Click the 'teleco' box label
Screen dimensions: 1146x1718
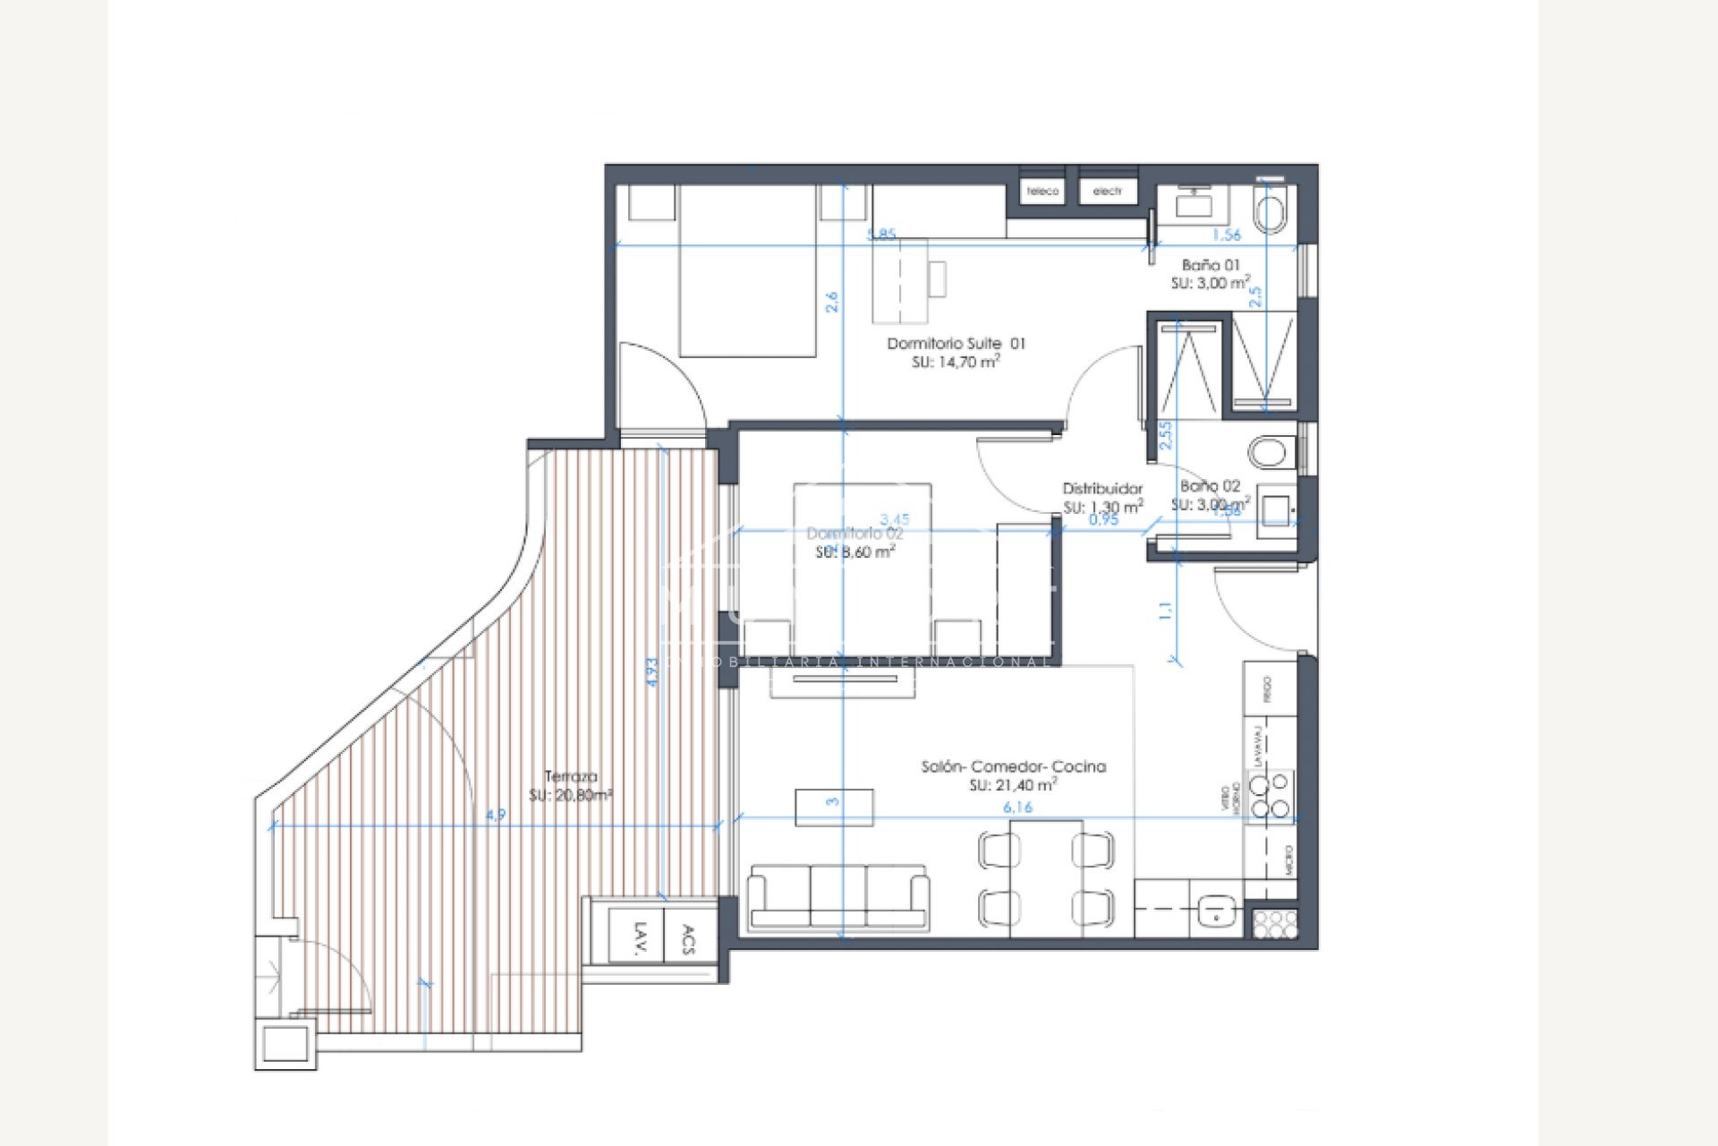coord(1042,192)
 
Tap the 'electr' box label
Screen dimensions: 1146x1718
coord(1108,192)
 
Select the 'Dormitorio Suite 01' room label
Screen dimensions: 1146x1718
coord(956,343)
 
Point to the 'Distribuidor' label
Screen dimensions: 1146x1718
coord(1102,489)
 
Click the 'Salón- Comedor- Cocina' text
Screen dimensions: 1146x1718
coord(1013,766)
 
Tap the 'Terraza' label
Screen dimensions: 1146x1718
coord(571,776)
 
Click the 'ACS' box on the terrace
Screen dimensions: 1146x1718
coord(688,937)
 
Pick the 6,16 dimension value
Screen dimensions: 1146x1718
coord(1017,808)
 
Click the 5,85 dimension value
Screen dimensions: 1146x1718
coord(881,235)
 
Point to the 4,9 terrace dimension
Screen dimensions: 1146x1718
coord(495,816)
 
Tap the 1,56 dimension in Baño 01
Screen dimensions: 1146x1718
coord(1226,235)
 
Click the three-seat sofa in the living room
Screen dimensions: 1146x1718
coord(838,896)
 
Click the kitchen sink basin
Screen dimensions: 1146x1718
coord(1216,911)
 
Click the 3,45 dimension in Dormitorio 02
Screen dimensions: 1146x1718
coord(895,519)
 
